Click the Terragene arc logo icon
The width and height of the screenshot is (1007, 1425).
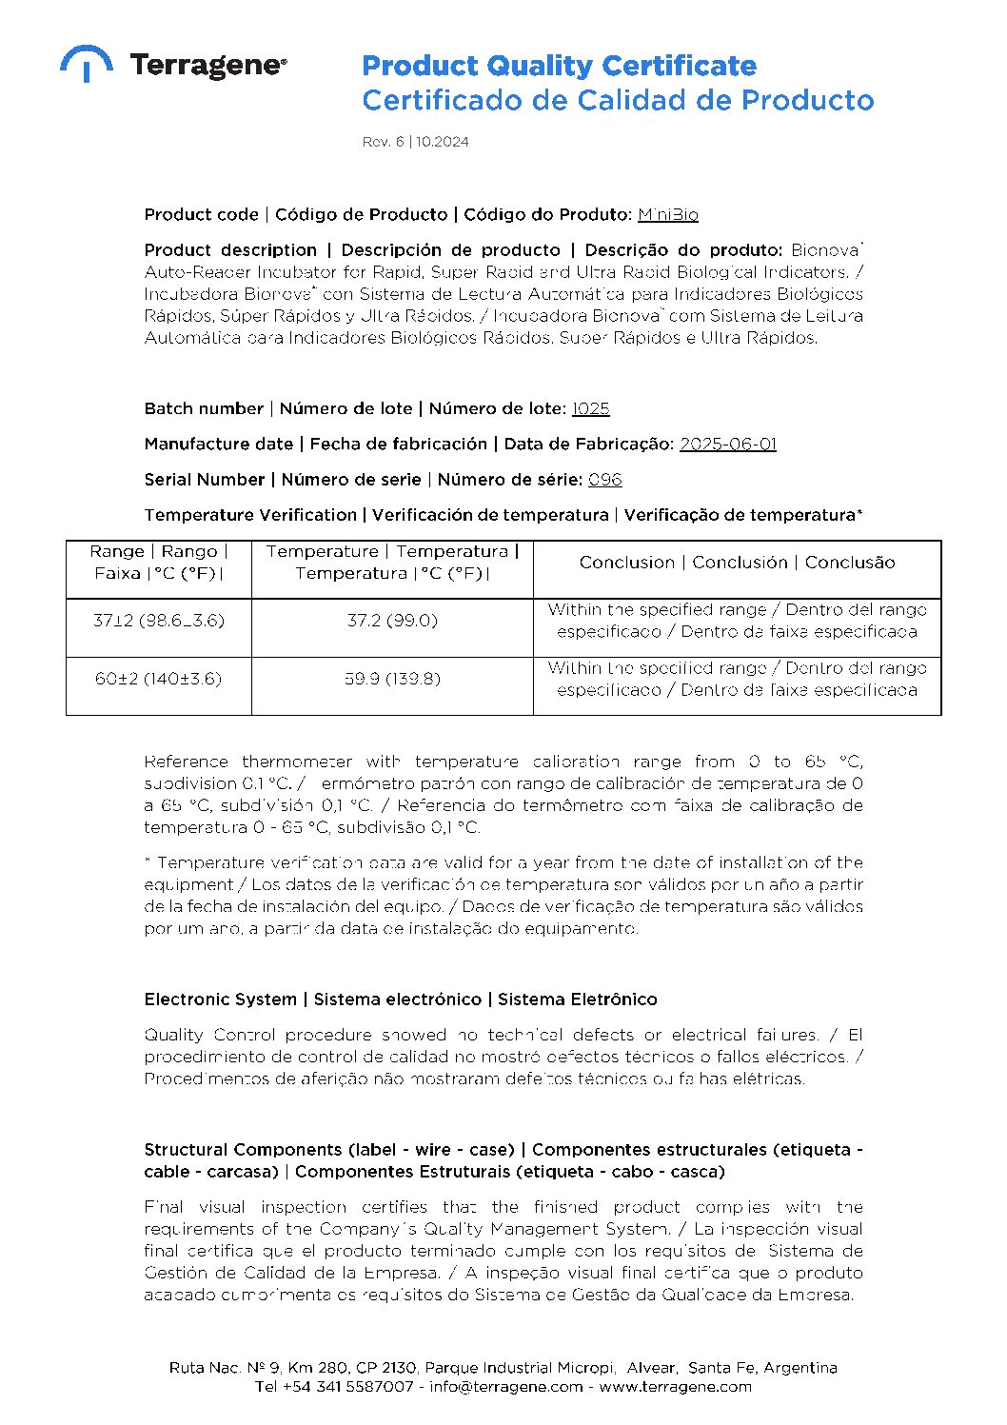point(86,63)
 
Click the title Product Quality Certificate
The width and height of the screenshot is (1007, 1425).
point(559,66)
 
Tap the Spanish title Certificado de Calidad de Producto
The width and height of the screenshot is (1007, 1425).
point(617,100)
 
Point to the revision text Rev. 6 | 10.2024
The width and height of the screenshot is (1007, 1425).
point(415,142)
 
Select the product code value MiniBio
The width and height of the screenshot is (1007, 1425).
point(667,214)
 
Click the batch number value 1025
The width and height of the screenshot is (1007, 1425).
point(590,408)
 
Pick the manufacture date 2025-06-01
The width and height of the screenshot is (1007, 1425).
point(727,444)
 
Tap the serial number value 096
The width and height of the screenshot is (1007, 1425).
point(604,480)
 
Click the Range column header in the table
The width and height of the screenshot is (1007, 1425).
point(159,562)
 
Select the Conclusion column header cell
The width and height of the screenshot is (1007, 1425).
point(737,562)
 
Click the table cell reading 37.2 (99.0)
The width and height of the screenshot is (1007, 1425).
point(392,621)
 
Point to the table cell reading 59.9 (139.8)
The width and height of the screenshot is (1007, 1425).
point(392,679)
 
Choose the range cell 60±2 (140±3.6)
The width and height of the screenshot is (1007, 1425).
point(159,679)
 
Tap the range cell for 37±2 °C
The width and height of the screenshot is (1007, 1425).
point(159,621)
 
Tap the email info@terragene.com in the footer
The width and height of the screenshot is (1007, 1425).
point(505,1386)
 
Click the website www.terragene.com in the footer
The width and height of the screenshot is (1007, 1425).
point(675,1386)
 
